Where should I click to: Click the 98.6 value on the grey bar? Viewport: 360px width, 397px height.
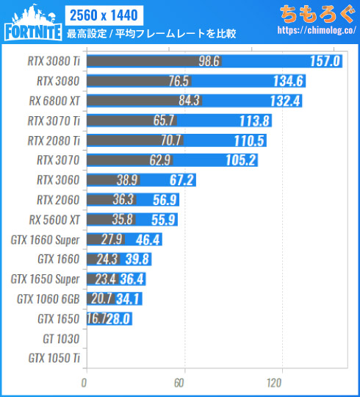pyautogui.click(x=206, y=62)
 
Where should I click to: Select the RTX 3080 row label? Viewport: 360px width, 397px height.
pyautogui.click(x=57, y=81)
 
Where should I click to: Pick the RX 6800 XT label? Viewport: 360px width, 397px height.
pyautogui.click(x=55, y=101)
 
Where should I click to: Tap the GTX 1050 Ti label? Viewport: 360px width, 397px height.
pyautogui.click(x=54, y=359)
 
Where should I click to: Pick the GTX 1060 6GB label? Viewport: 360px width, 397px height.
pyautogui.click(x=48, y=298)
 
